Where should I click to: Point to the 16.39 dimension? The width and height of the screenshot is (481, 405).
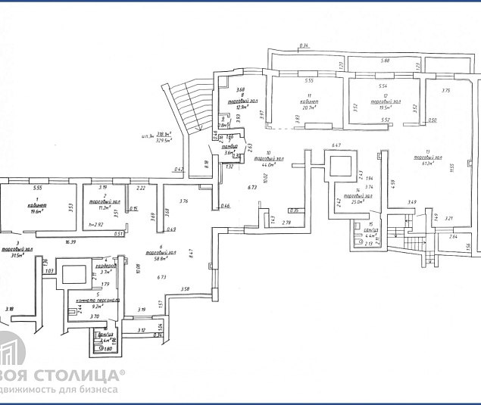[71, 242]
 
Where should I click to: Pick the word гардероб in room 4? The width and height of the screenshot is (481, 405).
[105, 266]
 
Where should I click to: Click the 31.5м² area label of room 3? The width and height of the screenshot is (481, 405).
[14, 255]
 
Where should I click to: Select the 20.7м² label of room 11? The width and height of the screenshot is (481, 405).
[309, 107]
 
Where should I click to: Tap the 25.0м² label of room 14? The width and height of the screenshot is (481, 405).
[360, 202]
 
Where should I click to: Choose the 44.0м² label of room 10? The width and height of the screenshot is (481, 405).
[269, 165]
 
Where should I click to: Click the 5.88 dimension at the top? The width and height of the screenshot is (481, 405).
[385, 61]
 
